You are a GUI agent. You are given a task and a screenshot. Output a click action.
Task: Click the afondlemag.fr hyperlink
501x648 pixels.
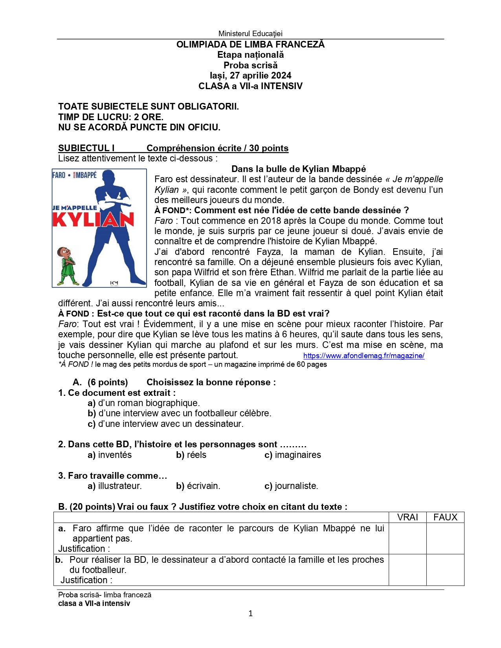coord(363,356)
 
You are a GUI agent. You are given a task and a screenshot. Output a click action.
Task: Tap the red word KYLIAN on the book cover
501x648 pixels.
coord(93,220)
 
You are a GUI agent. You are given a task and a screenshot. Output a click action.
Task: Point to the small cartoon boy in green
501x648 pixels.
coord(67,266)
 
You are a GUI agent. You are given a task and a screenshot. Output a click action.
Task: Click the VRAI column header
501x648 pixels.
coord(407,517)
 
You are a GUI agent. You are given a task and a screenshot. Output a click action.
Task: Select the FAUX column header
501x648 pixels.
coord(445,517)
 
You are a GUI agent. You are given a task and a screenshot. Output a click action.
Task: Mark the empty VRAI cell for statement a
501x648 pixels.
coord(407,538)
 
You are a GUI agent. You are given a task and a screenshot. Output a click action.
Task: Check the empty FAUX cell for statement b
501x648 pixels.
coord(445,570)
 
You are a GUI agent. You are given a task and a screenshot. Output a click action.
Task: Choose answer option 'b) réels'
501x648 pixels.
coord(191,455)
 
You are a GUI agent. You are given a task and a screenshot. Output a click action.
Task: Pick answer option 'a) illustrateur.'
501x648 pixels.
coord(115,486)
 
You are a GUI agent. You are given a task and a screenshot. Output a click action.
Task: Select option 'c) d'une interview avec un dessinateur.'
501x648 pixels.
coord(165,424)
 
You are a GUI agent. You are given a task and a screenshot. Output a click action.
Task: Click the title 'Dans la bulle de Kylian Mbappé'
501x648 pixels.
coord(298,169)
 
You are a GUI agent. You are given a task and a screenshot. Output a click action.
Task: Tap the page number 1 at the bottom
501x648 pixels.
coord(250,613)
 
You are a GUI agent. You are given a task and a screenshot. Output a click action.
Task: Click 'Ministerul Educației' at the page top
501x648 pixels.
coord(250,34)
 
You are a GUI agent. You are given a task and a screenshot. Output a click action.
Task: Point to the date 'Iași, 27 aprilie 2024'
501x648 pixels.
coord(250,75)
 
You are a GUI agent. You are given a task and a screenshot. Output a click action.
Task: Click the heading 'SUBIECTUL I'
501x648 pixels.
coord(86,148)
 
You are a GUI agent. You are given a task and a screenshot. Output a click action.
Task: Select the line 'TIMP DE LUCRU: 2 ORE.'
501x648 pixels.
coord(111,117)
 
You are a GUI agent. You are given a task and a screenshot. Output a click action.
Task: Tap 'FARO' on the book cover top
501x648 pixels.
coord(59,175)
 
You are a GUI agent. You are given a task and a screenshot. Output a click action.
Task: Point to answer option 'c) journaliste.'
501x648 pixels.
coord(291,486)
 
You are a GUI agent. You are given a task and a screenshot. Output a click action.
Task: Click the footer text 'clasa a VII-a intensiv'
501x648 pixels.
coord(94,604)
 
